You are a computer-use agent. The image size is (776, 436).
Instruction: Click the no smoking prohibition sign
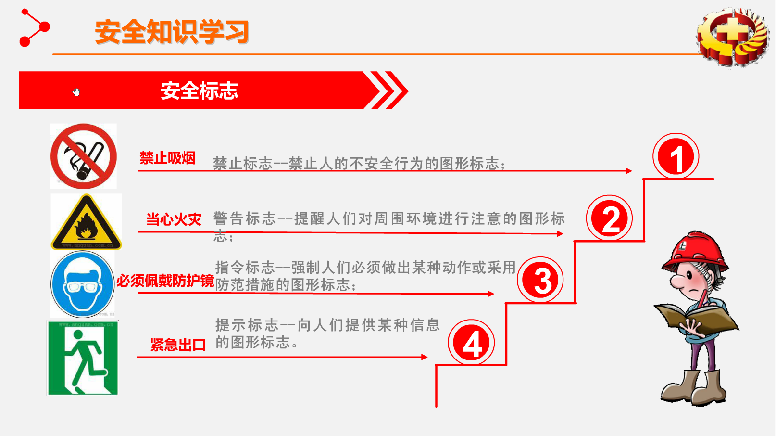coord(84,156)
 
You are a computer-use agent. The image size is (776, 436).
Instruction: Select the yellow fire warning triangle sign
coord(86,222)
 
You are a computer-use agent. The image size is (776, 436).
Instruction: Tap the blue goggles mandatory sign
coord(82,284)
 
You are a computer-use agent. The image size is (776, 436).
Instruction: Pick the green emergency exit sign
coord(83,358)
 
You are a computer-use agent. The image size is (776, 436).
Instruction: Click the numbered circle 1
coord(676,157)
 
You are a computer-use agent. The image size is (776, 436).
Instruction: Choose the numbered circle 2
coord(609,218)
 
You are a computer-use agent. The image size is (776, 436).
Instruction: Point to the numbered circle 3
coord(540,280)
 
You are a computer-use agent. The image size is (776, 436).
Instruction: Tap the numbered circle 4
coord(471,343)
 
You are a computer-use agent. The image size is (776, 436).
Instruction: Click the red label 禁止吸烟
coord(167,158)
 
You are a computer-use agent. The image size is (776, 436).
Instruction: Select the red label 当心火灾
coord(174,219)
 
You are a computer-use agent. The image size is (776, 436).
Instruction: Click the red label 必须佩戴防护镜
coord(165,281)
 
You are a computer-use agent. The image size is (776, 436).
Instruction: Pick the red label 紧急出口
coord(178,345)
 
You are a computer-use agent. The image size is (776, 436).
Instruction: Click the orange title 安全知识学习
coord(172,32)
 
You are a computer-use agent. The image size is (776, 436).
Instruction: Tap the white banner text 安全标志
coord(199,91)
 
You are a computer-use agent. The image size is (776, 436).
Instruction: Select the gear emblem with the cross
coord(734,37)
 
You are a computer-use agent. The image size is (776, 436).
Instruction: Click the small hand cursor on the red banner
coord(76,92)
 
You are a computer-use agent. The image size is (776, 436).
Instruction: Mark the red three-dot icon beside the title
coord(34,28)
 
